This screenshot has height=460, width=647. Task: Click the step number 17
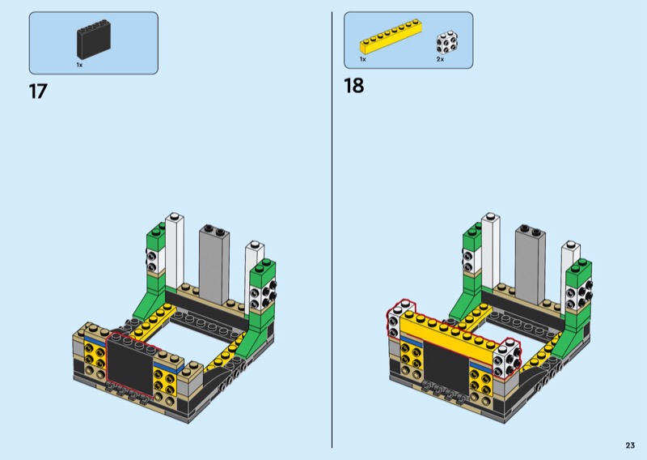[x=38, y=92]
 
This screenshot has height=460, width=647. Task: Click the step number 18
[x=353, y=86]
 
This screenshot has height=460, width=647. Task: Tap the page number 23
[x=629, y=445]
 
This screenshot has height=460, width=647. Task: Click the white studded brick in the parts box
[x=446, y=42]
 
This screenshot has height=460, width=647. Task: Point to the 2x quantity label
[x=440, y=60]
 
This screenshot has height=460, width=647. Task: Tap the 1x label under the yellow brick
[x=363, y=60]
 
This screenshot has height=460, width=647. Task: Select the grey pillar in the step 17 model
[x=214, y=259]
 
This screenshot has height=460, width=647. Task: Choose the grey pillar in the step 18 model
[x=530, y=259]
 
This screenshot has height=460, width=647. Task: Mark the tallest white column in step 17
[x=175, y=251]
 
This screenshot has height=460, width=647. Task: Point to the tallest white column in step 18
[x=491, y=251]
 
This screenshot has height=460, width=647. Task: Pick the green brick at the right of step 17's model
[x=263, y=296]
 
